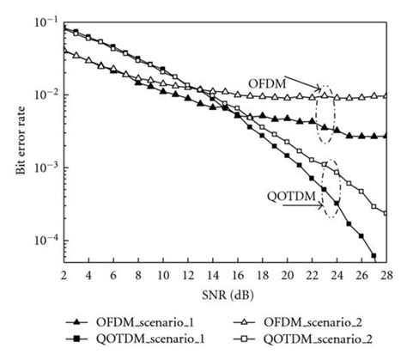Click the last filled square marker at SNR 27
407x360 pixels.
pos(374,254)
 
